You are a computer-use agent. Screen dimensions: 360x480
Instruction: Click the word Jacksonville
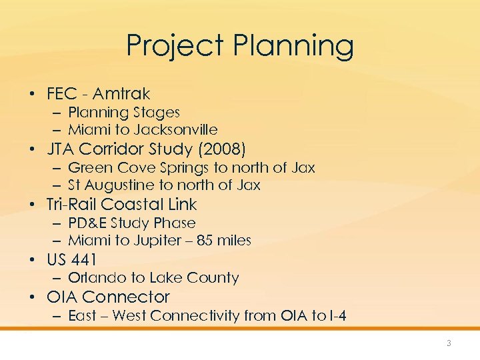click(x=176, y=129)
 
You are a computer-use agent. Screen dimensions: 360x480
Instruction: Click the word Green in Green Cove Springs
click(x=87, y=167)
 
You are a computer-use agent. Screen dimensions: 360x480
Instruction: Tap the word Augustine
click(x=119, y=185)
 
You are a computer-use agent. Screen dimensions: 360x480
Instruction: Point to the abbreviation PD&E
click(x=87, y=223)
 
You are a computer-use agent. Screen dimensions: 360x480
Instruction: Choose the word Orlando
click(x=93, y=277)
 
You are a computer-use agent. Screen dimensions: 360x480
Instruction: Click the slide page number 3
click(x=449, y=343)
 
